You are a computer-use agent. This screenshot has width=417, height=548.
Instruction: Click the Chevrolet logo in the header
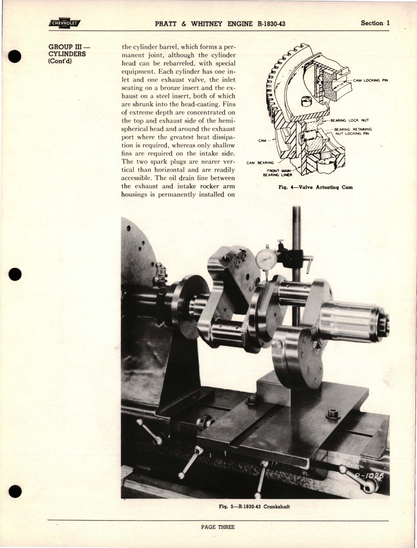tap(64, 23)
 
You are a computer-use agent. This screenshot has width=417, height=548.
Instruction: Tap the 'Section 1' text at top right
tap(375, 23)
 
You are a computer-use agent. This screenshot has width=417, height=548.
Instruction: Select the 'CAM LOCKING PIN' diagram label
tap(370, 80)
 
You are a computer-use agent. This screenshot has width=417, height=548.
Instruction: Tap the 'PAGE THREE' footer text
tap(218, 527)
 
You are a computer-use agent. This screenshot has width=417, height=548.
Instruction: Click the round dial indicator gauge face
tap(266, 260)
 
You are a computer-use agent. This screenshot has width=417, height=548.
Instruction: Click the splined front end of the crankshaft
tap(350, 321)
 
